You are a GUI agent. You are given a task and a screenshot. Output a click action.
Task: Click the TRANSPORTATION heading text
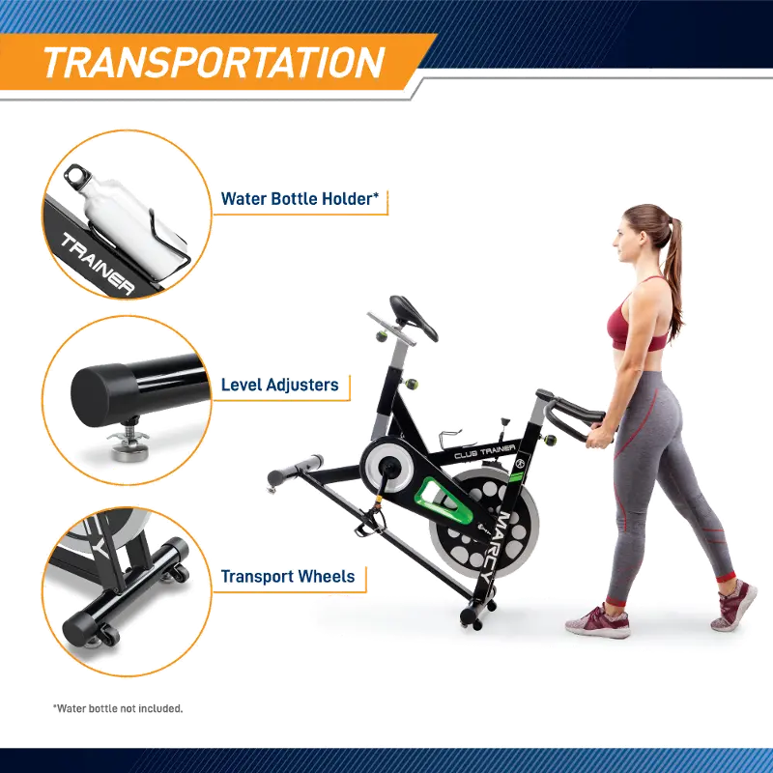pos(214,62)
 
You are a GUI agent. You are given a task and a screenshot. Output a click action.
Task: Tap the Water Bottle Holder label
pos(300,199)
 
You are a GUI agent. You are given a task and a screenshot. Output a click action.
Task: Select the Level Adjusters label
pos(279,385)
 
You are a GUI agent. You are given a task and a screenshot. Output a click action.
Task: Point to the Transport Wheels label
pos(288,576)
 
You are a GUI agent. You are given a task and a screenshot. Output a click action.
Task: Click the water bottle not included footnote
pos(118,708)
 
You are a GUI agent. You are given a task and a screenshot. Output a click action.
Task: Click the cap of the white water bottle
pos(78,177)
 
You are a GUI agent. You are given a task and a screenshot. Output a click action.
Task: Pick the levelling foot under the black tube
pos(129,442)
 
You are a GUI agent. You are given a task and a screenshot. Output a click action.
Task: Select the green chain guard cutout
pos(444,499)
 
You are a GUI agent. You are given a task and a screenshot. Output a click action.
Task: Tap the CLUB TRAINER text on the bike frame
pos(485,451)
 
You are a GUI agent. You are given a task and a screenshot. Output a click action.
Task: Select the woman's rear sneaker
pos(733,605)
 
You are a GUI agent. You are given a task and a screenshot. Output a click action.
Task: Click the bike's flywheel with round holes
pos(486,524)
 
